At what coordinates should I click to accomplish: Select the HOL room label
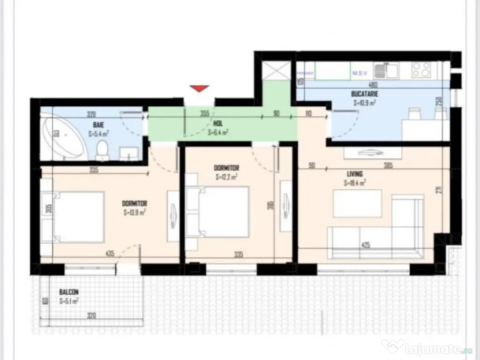(x=217, y=124)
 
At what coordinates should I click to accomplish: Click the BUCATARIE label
(x=364, y=94)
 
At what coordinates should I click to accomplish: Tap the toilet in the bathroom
(x=102, y=151)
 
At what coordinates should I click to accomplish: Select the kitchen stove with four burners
(x=421, y=71)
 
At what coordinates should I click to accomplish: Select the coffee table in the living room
(x=357, y=203)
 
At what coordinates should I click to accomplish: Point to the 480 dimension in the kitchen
(x=373, y=85)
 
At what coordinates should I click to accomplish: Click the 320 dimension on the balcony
(x=91, y=316)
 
